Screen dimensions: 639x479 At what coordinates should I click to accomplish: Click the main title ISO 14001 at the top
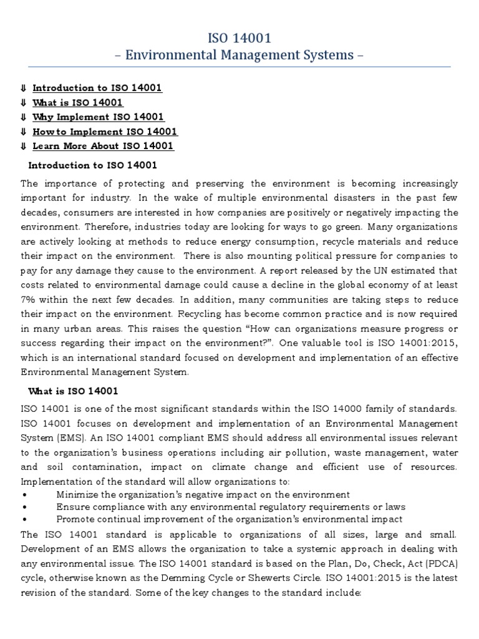[239, 39]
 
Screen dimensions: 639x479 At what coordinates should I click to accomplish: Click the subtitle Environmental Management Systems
[239, 55]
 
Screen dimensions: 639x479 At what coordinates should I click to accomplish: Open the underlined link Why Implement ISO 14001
[99, 117]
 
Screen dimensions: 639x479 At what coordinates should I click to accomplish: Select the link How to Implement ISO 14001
[105, 132]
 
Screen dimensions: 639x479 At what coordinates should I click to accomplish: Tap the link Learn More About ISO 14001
[103, 146]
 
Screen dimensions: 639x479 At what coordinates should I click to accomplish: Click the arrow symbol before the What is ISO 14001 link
[23, 102]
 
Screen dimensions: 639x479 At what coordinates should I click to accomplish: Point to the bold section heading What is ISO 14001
[74, 391]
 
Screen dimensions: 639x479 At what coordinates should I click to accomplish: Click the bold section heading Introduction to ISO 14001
[93, 165]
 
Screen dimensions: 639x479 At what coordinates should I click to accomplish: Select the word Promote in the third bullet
[75, 519]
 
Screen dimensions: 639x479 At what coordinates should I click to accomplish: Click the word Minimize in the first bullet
[77, 494]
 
